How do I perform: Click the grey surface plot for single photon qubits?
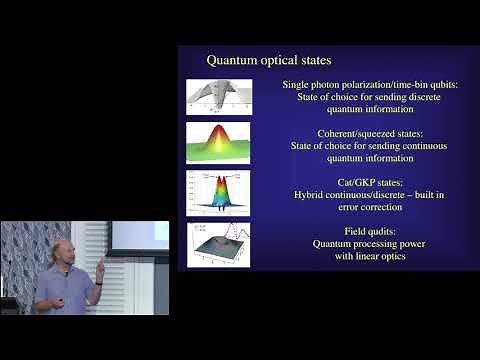point(219,96)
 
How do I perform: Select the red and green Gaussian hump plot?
point(219,141)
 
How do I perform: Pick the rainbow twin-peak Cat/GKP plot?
point(219,191)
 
